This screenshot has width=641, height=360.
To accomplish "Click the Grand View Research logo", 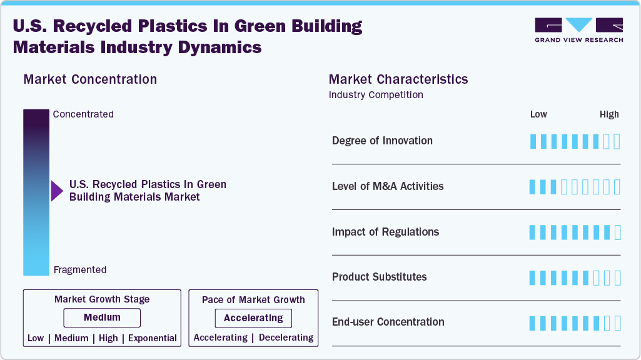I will click(x=578, y=29).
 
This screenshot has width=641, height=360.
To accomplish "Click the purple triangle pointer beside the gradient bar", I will click(x=56, y=191).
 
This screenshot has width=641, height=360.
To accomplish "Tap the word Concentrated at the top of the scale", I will click(x=83, y=114).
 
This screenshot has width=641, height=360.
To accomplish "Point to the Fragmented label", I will click(x=80, y=270).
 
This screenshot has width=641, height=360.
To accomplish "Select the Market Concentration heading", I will click(x=90, y=79).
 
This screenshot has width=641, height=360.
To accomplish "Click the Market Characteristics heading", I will click(x=398, y=79).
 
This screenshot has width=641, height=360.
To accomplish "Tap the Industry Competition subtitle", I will click(x=376, y=95).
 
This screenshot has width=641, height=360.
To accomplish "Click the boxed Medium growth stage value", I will click(x=102, y=317).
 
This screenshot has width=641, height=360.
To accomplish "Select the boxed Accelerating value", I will click(x=253, y=317).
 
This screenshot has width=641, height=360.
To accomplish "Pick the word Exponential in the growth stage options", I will click(x=153, y=338).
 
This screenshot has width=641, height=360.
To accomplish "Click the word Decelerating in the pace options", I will click(x=286, y=337).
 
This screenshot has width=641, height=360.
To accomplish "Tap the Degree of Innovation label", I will click(x=382, y=141).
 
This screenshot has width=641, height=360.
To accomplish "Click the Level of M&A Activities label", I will click(x=388, y=186).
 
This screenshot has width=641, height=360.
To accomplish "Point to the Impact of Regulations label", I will click(x=385, y=232).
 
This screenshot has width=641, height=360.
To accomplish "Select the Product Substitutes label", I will click(x=379, y=277).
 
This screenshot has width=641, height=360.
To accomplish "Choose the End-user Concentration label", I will click(x=388, y=322).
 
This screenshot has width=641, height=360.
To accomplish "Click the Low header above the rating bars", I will click(x=538, y=114).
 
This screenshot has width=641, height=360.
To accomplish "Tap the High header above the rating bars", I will click(x=609, y=114).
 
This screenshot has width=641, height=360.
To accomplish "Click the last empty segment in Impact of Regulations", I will click(x=618, y=232).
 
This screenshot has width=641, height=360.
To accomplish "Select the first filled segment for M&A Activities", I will click(x=533, y=187).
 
